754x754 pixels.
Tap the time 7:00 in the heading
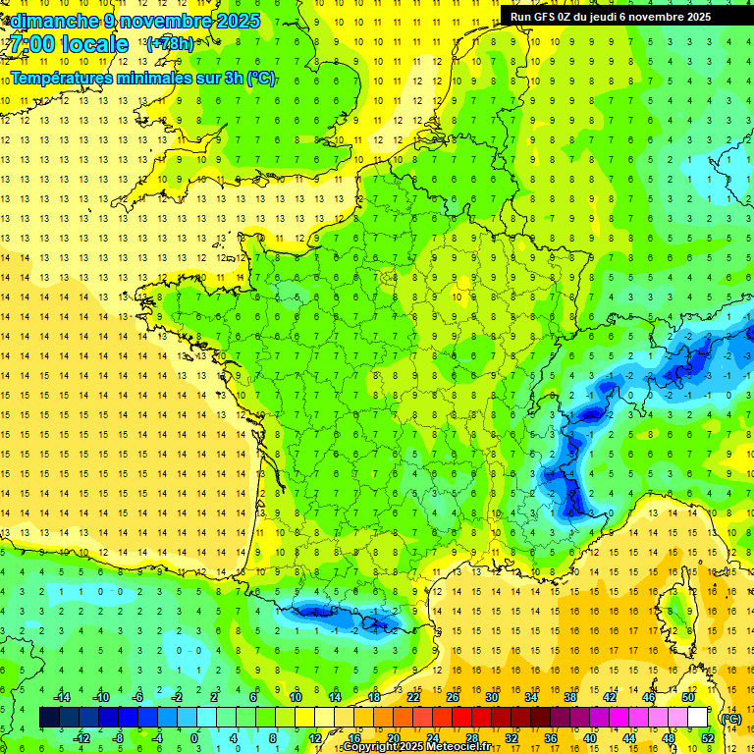[x=31, y=44]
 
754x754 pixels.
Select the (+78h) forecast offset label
[x=169, y=44]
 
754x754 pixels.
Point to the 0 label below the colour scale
[x=193, y=738]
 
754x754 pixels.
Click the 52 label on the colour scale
[x=707, y=738]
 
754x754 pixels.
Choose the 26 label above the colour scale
[x=453, y=697]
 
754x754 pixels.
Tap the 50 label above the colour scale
[x=687, y=697]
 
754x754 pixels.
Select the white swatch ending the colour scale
[x=697, y=718]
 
